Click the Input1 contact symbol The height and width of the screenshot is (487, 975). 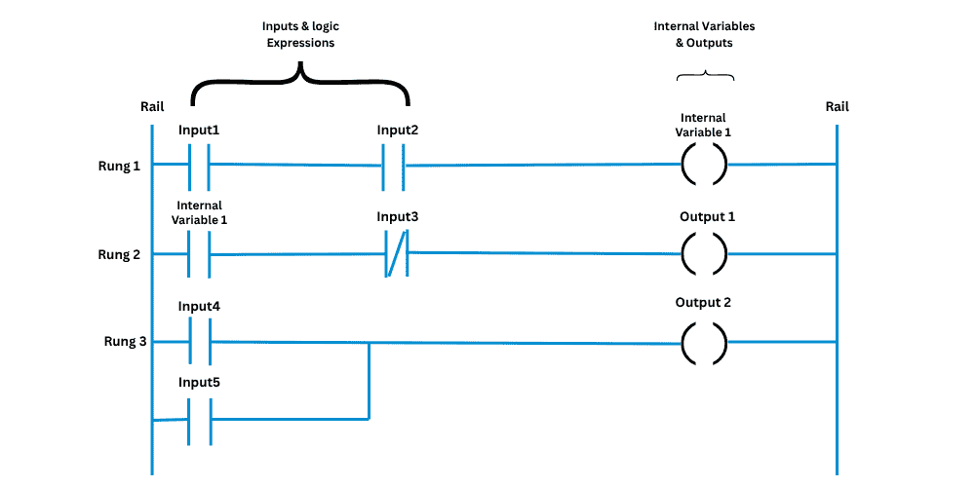click(x=199, y=165)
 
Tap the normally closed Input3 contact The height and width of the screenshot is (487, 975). click(x=396, y=255)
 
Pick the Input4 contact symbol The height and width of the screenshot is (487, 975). click(x=199, y=342)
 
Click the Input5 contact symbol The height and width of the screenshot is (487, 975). click(x=199, y=420)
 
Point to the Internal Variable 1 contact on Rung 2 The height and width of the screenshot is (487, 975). click(x=199, y=255)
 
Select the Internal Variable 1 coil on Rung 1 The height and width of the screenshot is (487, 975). click(x=703, y=165)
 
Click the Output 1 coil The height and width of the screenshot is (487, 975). click(x=703, y=255)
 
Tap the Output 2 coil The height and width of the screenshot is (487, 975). click(x=703, y=342)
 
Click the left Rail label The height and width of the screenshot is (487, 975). click(x=152, y=106)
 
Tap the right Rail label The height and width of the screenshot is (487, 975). click(x=836, y=106)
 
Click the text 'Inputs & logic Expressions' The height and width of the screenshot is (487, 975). click(x=300, y=35)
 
